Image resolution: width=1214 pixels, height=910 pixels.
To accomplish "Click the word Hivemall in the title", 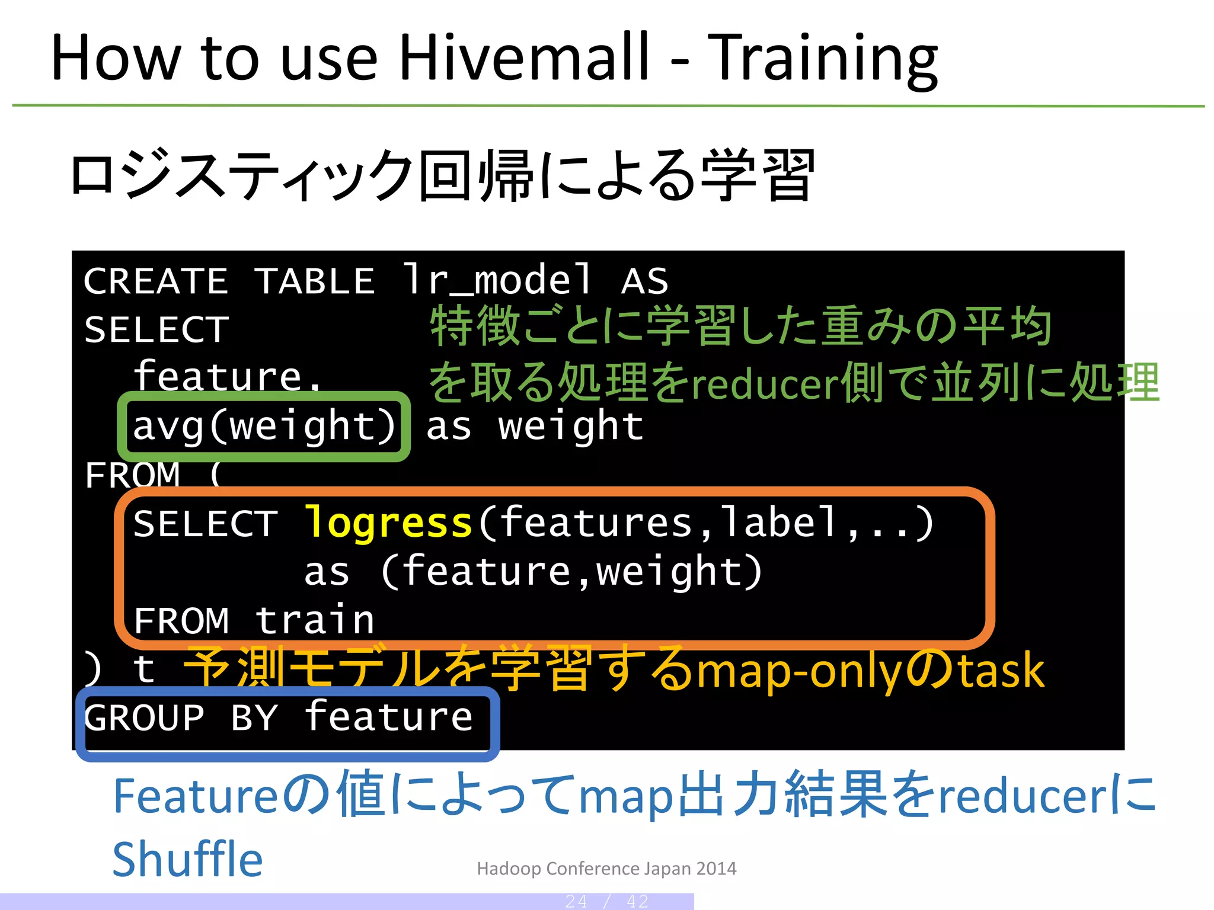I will coord(525,57).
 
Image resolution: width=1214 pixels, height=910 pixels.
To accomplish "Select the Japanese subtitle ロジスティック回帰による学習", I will coord(442,175).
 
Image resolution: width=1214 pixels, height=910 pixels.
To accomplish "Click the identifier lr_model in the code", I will coord(498,280).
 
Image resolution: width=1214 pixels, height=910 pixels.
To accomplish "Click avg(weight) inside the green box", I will coord(264,427).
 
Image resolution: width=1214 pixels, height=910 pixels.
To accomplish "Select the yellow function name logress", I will coord(388,523).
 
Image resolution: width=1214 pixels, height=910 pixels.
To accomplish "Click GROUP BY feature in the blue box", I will coord(279,718).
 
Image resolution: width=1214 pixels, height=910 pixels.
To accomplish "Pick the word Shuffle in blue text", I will coord(187,859).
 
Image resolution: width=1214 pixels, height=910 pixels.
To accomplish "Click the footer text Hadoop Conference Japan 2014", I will coord(606,869).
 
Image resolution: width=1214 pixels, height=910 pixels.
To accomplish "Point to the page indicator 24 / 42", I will coord(606,902).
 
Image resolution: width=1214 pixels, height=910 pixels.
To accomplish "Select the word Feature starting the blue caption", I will coord(195,796).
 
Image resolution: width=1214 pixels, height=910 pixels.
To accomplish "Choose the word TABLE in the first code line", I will coord(315,281).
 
